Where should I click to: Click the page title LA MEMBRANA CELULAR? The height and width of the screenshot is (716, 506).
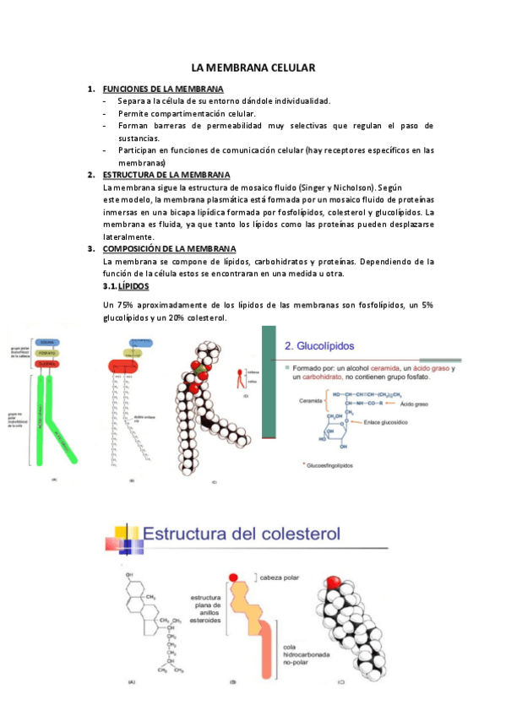(253, 67)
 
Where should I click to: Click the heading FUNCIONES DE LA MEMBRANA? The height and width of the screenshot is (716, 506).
(163, 89)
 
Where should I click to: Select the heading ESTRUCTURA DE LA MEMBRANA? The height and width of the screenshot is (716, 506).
(165, 174)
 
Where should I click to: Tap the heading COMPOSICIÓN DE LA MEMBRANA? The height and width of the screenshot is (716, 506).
(169, 248)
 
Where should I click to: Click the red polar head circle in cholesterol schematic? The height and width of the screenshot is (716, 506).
(234, 577)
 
